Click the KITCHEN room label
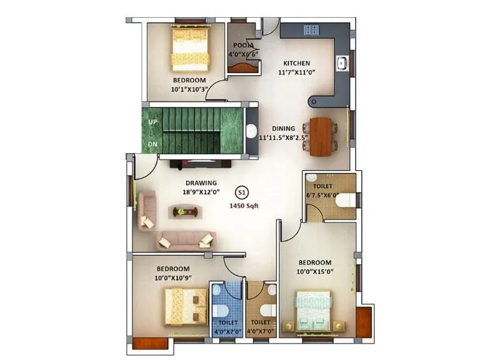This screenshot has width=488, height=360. tap(296, 63)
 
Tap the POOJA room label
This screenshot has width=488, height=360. tap(243, 45)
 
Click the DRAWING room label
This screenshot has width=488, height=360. tap(201, 182)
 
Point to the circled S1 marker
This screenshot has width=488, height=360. tap(242, 192)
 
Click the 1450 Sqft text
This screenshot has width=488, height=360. tap(244, 206)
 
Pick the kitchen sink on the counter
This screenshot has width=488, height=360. tap(342, 62)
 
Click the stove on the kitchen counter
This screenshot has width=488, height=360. tap(310, 30)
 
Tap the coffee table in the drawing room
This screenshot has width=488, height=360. tap(185, 212)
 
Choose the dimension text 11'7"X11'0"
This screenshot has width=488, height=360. tap(296, 72)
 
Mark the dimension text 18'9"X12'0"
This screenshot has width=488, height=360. tap(201, 192)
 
